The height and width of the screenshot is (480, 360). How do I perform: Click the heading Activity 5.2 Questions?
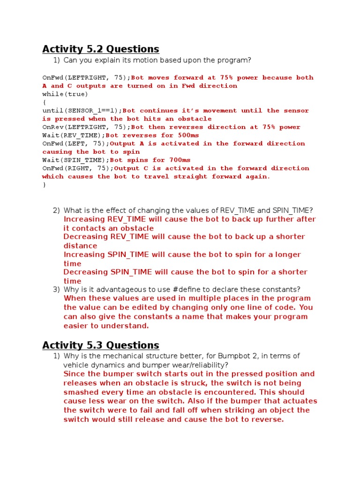(x=100, y=49)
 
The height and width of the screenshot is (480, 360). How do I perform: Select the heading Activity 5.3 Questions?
(x=100, y=345)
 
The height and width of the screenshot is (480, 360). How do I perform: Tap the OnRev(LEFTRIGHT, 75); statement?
(x=86, y=127)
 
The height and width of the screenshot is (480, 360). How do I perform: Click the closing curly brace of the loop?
(x=44, y=185)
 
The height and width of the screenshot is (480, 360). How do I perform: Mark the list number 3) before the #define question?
(x=57, y=290)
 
